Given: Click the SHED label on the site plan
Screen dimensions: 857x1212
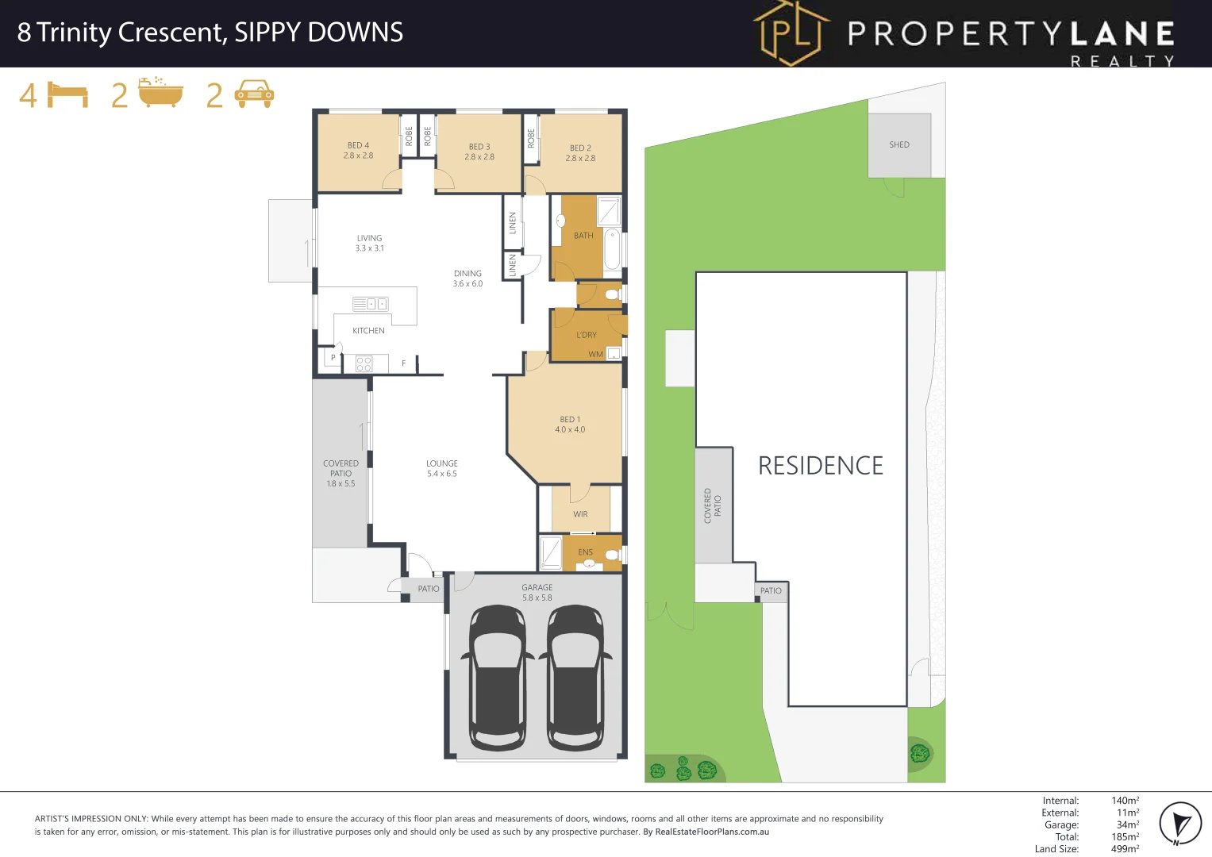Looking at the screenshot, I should (x=899, y=145).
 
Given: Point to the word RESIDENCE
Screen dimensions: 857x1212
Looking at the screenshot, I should (x=820, y=466).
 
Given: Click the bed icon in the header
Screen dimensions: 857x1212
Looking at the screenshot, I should (x=67, y=94).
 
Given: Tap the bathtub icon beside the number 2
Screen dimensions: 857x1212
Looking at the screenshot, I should (x=160, y=93).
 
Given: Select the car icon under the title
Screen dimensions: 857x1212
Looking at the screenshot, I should (x=254, y=94).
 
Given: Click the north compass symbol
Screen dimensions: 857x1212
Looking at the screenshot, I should (x=1180, y=824).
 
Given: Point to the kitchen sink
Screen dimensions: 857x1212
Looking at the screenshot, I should (x=370, y=304).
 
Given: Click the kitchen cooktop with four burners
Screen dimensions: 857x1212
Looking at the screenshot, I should (x=364, y=364).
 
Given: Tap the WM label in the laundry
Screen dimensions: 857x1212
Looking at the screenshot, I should (x=595, y=355).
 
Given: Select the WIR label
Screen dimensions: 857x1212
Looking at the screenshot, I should (x=580, y=514).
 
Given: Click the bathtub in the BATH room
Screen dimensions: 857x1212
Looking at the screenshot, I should (x=612, y=250).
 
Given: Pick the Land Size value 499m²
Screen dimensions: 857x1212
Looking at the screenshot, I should (x=1125, y=849).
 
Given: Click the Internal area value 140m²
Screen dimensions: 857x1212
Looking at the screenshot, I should (x=1125, y=801).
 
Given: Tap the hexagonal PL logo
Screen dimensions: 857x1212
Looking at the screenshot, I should (x=791, y=34).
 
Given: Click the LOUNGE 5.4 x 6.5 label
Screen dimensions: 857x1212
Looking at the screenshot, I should (x=441, y=469).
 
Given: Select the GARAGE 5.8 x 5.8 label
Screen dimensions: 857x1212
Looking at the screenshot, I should (x=537, y=593).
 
